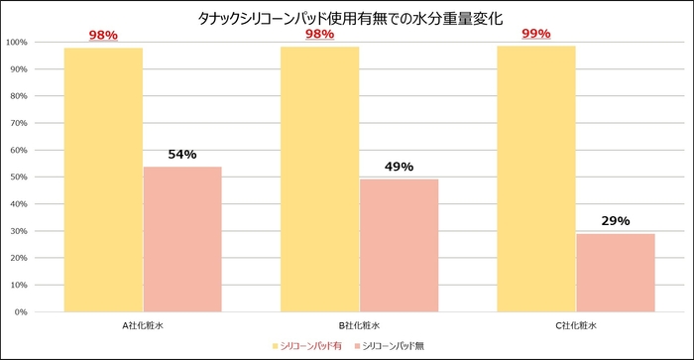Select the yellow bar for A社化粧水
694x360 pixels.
click(x=103, y=180)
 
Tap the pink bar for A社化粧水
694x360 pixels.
click(x=182, y=239)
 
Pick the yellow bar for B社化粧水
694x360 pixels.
click(x=319, y=180)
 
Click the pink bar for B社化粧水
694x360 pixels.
click(x=399, y=245)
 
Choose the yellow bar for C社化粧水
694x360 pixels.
click(x=536, y=179)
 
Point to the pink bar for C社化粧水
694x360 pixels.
click(x=616, y=273)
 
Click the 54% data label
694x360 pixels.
click(x=182, y=155)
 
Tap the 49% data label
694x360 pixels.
click(x=399, y=168)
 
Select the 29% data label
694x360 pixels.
click(x=616, y=221)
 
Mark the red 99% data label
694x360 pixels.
click(x=535, y=35)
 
